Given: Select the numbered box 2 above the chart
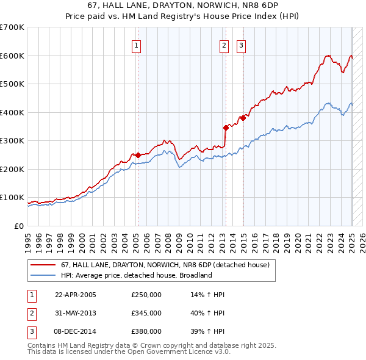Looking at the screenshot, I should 224,45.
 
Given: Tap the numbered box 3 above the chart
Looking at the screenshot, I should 242,45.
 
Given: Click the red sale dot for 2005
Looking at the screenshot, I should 138,155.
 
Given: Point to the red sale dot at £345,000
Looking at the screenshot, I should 226,128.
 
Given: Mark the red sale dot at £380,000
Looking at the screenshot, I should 243,118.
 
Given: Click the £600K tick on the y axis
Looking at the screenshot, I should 12,56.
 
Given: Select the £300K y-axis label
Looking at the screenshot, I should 12,140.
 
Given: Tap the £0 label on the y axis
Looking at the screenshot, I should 18,226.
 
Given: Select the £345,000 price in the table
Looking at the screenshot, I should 146,313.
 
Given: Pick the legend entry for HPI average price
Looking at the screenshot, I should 135,275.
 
